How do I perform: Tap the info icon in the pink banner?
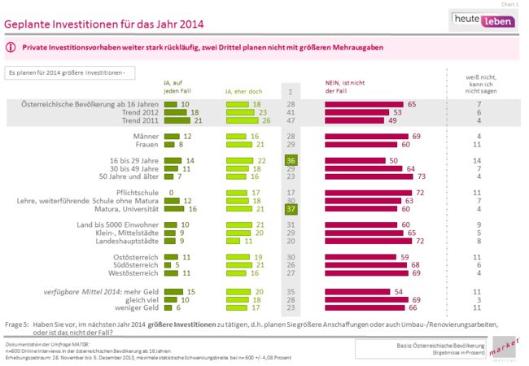(x=11, y=48)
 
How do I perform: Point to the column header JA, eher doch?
(x=243, y=89)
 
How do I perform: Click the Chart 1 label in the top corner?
(x=511, y=4)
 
